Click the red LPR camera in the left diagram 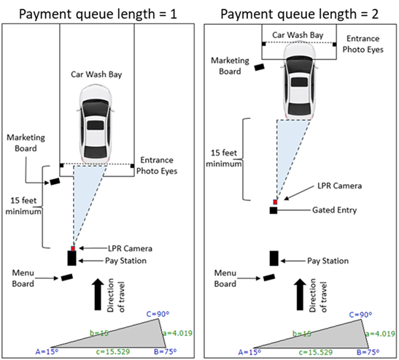(73, 248)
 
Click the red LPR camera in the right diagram (275, 202)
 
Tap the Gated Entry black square (274, 210)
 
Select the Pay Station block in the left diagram (71, 258)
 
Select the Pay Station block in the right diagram (274, 258)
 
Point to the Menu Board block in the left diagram (67, 277)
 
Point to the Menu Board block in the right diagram (269, 277)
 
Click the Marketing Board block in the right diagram (260, 67)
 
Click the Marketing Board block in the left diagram (55, 182)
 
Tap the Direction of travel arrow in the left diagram (98, 294)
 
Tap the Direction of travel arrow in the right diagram (300, 294)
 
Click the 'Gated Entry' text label (334, 210)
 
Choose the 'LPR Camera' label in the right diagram (339, 185)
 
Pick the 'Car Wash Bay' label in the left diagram (96, 74)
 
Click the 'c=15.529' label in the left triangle (113, 352)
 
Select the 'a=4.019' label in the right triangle (381, 334)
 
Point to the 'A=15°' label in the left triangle (47, 352)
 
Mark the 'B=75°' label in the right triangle (368, 352)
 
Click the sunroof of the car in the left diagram (96, 126)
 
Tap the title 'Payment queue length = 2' (300, 14)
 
